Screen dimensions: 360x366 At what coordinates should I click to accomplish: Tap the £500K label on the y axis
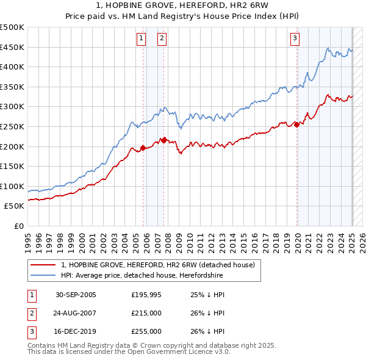[x=12, y=27]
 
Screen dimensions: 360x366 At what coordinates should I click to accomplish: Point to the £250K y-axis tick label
[x=12, y=126]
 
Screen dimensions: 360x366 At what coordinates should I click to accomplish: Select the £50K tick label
[x=15, y=206]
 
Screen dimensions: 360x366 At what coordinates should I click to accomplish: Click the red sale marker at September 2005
[x=143, y=147]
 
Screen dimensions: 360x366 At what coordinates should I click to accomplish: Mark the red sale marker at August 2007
[x=164, y=140]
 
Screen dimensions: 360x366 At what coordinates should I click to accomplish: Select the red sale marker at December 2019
[x=297, y=124]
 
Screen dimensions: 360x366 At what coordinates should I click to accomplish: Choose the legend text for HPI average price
[x=142, y=276]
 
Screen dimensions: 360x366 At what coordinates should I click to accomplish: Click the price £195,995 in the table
[x=146, y=295]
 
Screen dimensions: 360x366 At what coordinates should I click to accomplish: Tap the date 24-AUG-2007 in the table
[x=76, y=313]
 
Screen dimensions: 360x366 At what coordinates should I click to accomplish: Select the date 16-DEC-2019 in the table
[x=76, y=331]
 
